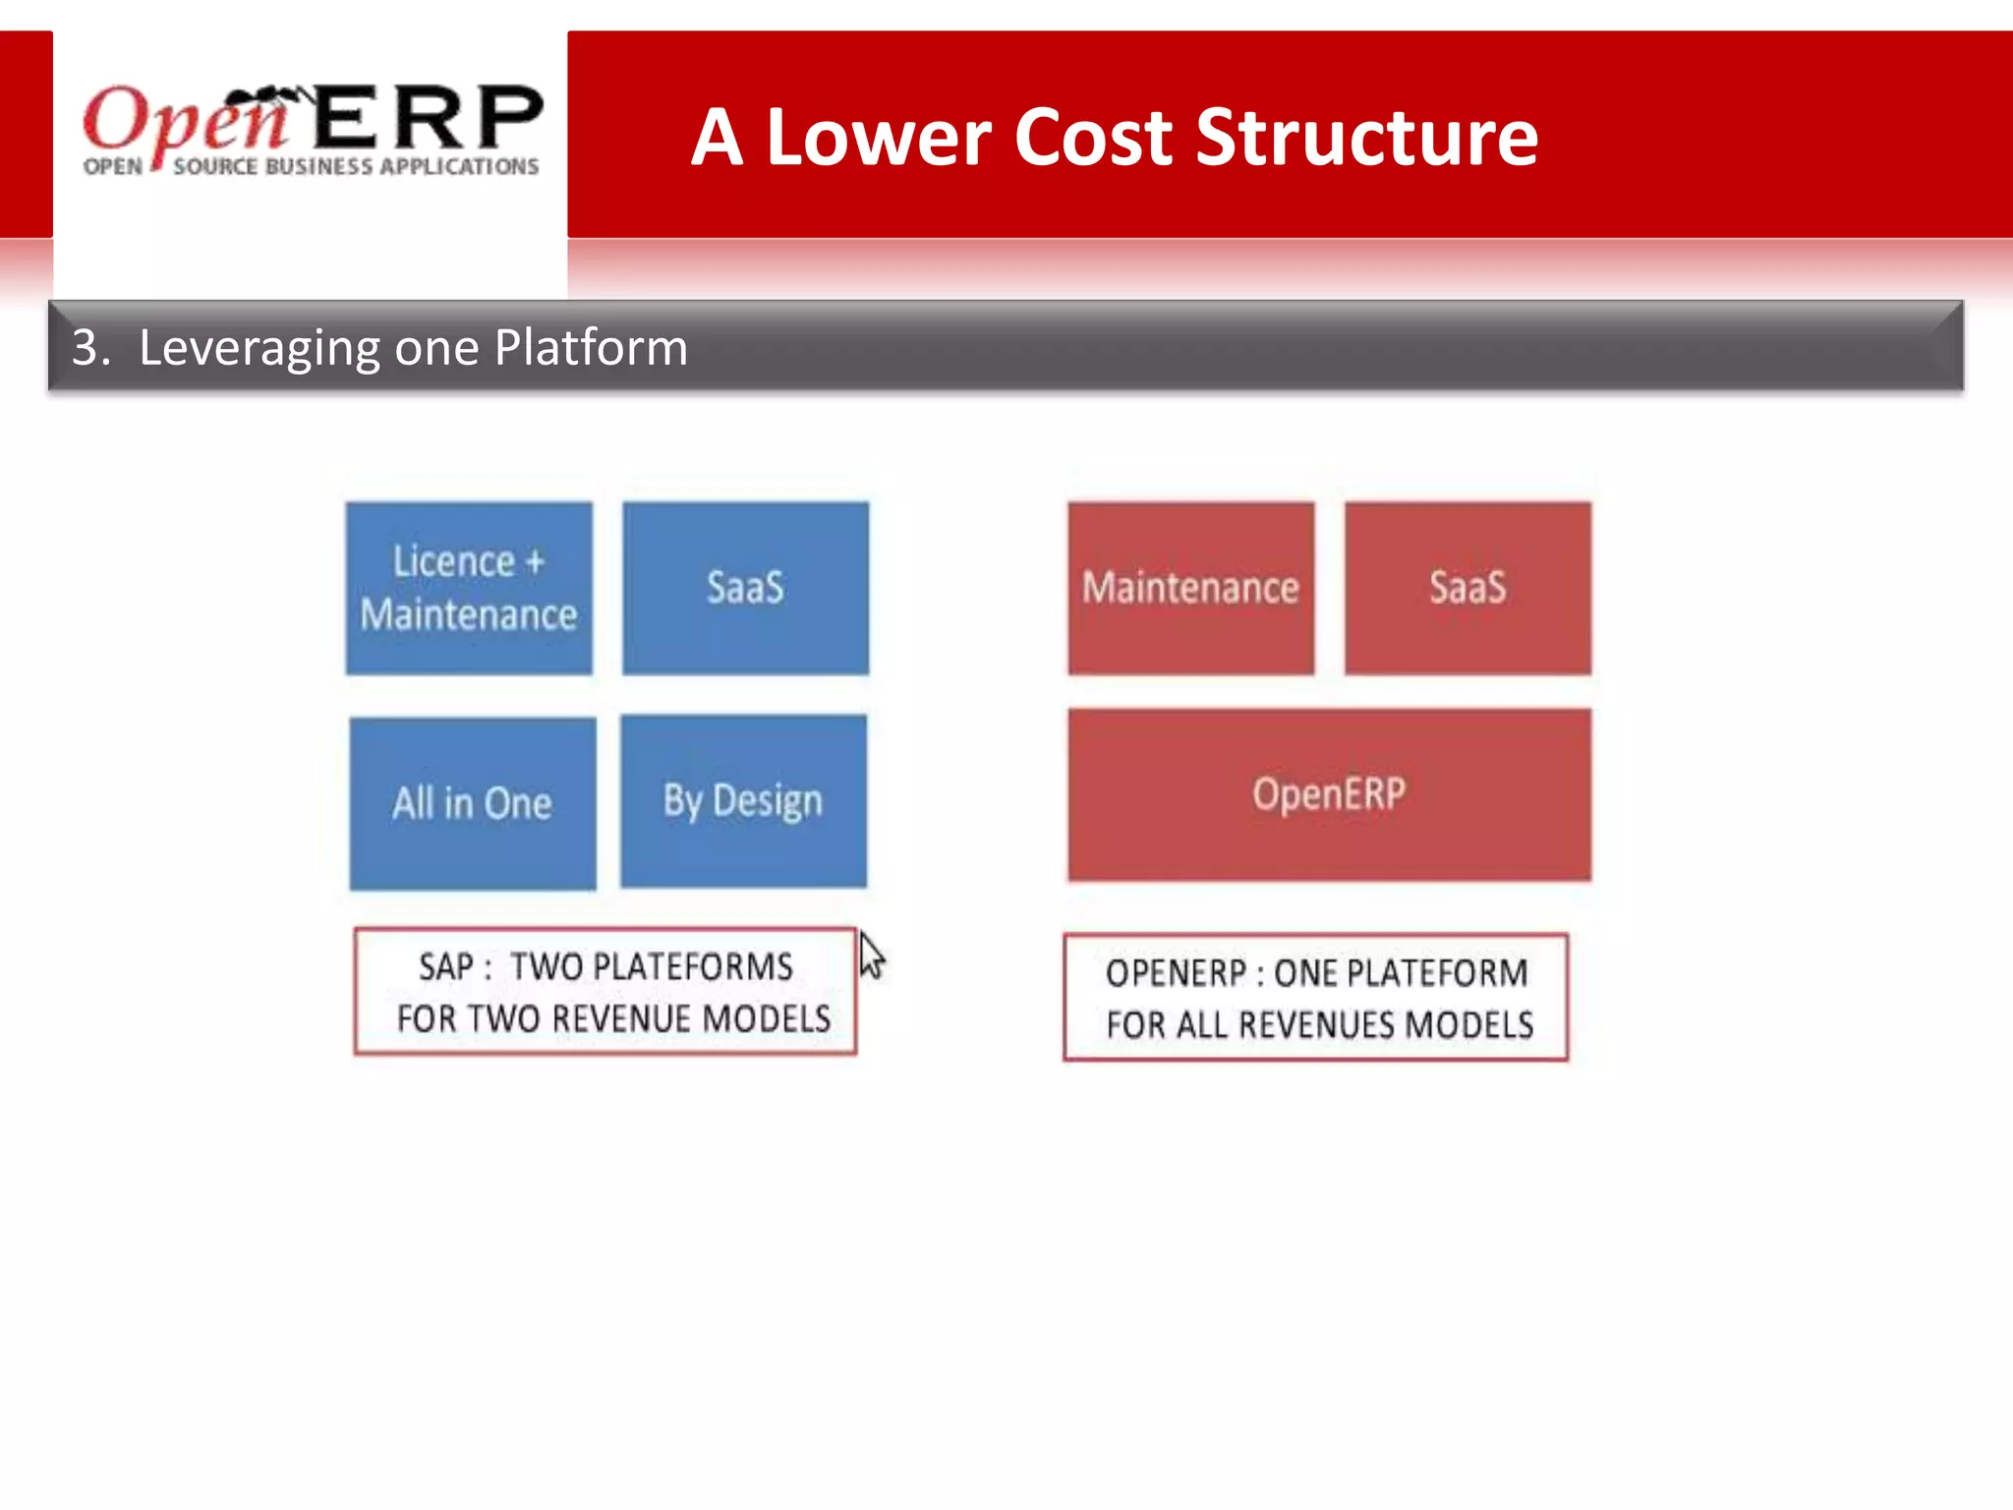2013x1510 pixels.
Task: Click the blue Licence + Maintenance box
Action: pos(469,588)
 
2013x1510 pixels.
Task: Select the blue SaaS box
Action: pos(745,588)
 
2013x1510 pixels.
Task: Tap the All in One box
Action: pos(473,803)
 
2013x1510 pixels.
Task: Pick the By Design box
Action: pos(743,800)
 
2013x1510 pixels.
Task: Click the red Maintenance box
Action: pos(1190,588)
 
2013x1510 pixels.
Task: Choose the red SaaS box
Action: pos(1467,588)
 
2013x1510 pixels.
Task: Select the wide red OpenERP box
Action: pos(1329,794)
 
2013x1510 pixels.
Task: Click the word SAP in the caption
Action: pos(447,967)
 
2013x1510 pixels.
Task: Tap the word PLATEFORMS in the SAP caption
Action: pos(651,967)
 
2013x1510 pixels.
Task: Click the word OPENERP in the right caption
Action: pos(1176,973)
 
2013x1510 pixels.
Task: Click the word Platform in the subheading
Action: pos(590,348)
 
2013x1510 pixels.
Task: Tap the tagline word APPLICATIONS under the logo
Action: pos(459,167)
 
